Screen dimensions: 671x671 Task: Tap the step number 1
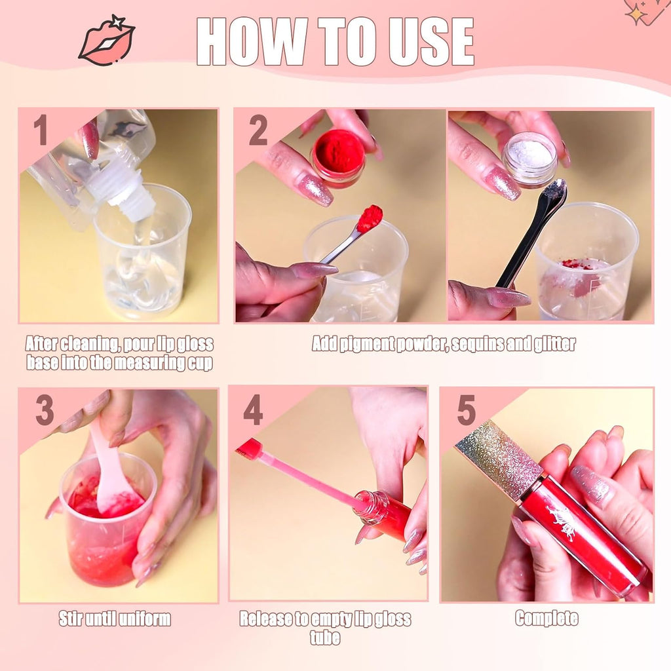pos(41,130)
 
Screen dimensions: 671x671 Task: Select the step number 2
pos(258,130)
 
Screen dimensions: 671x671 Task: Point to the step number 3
pos(44,411)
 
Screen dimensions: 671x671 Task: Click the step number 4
pos(253,411)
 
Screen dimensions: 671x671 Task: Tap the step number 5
pos(466,411)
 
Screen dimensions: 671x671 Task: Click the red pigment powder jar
pos(338,158)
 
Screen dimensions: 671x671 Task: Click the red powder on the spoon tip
pos(370,218)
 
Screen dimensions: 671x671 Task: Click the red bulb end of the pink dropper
pos(250,449)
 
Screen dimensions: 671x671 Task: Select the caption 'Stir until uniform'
pos(115,618)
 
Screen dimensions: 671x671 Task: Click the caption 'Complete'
pos(546,618)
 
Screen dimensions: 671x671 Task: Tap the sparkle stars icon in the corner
pos(645,12)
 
